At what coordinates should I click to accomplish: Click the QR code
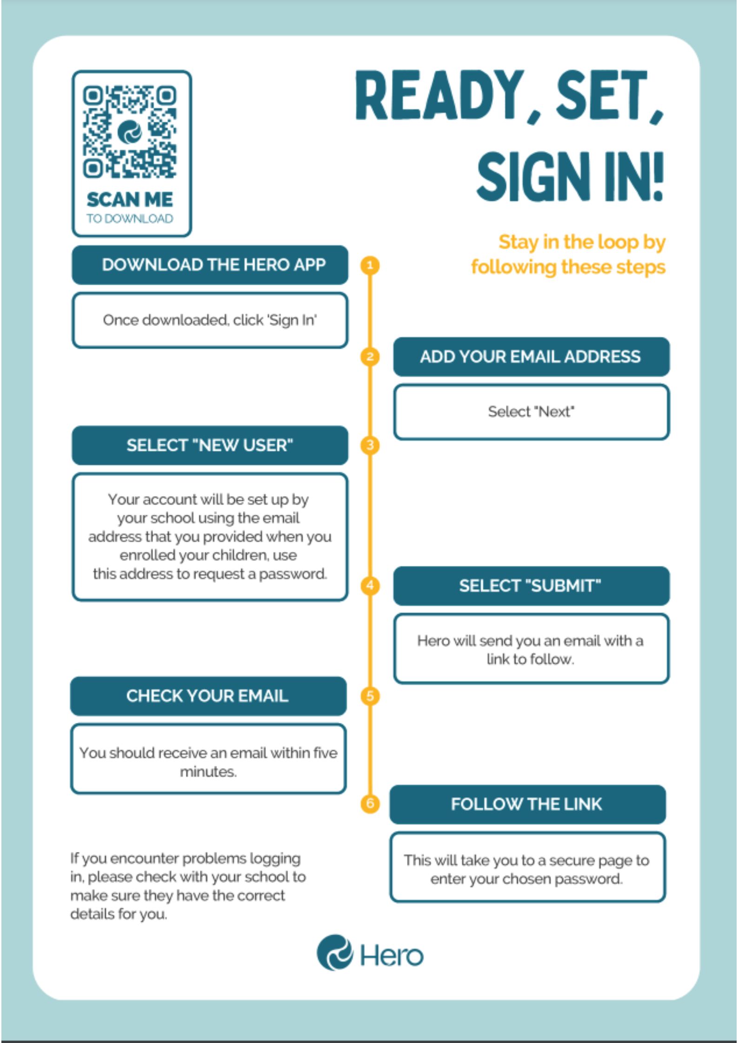pyautogui.click(x=130, y=132)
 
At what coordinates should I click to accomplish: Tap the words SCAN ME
pyautogui.click(x=130, y=200)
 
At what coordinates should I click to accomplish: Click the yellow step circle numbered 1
pyautogui.click(x=370, y=265)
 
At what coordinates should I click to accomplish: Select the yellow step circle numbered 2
pyautogui.click(x=370, y=357)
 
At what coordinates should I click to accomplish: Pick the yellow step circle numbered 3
pyautogui.click(x=370, y=445)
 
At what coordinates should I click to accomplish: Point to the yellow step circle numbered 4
pyautogui.click(x=370, y=585)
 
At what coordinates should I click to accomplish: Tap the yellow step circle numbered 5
pyautogui.click(x=370, y=696)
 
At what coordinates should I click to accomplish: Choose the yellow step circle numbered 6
pyautogui.click(x=370, y=803)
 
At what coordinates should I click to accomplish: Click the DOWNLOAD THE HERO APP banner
pyautogui.click(x=210, y=265)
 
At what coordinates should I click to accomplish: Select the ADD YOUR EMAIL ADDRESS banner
pyautogui.click(x=532, y=357)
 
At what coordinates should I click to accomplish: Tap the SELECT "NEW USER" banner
pyautogui.click(x=210, y=446)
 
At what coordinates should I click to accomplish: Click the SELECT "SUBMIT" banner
pyautogui.click(x=532, y=586)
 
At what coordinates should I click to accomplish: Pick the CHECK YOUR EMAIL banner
pyautogui.click(x=208, y=696)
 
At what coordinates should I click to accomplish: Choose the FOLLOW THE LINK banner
pyautogui.click(x=528, y=804)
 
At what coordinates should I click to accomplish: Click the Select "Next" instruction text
pyautogui.click(x=531, y=412)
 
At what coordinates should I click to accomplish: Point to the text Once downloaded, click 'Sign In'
pyautogui.click(x=210, y=320)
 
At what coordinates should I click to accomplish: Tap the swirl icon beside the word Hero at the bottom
pyautogui.click(x=334, y=953)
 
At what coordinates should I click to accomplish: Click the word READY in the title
pyautogui.click(x=440, y=96)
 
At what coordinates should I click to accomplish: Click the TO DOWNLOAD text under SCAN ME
pyautogui.click(x=130, y=218)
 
